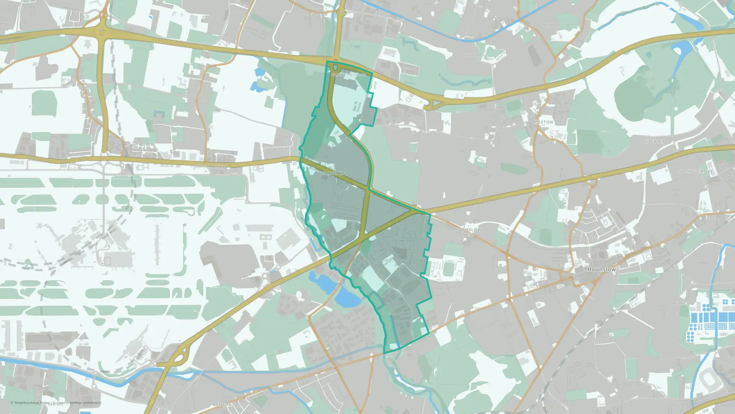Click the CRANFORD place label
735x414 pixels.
333,173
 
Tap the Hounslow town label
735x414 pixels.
601,269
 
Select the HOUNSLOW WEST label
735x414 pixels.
468,232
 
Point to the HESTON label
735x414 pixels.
544,122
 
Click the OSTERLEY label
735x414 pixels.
653,142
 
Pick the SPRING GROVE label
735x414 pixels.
696,171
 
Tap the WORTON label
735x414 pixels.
683,303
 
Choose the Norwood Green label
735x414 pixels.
557,25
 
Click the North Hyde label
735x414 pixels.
473,55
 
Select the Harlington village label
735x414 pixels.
194,96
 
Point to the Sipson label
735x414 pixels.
86,88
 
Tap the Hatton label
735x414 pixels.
287,294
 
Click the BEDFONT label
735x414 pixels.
223,404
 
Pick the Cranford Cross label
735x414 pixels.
277,148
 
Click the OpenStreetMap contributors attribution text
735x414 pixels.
79,403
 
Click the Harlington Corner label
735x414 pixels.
209,166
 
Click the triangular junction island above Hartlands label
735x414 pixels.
335,68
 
